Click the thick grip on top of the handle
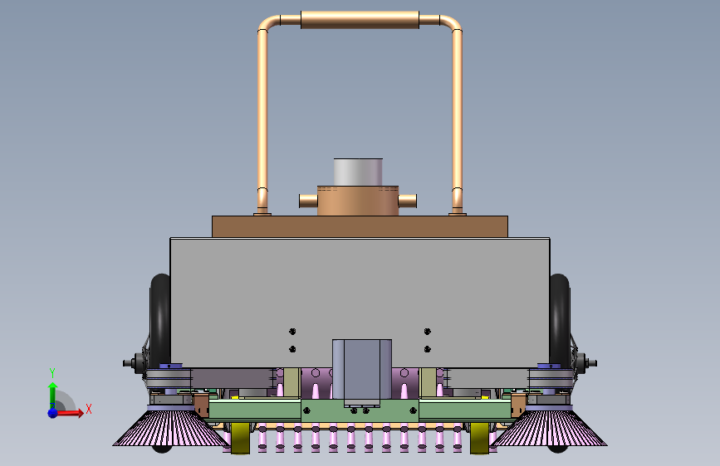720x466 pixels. point(360,20)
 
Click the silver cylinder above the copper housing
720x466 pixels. point(358,172)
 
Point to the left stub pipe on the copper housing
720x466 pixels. point(308,201)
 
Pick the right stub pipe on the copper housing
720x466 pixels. point(407,201)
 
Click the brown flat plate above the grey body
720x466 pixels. point(360,226)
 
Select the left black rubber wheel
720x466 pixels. point(160,321)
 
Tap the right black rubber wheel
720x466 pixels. point(560,321)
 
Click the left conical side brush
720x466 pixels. point(171,429)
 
